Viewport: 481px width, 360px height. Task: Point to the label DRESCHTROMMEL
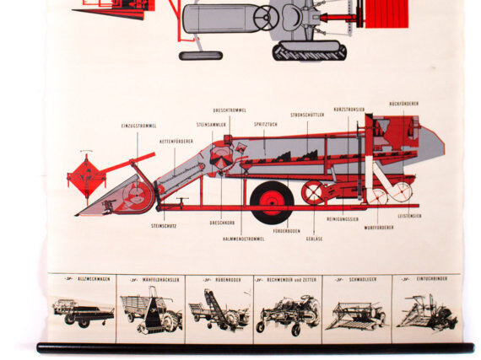click(x=229, y=110)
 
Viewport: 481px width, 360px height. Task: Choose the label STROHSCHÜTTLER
click(x=307, y=115)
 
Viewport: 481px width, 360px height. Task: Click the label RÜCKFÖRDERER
click(x=404, y=104)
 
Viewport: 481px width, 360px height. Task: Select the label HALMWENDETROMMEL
click(x=243, y=239)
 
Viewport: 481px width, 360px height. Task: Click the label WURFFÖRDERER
click(x=379, y=228)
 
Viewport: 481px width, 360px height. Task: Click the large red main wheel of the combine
click(x=272, y=201)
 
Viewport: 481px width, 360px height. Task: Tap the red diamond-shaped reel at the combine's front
click(x=85, y=176)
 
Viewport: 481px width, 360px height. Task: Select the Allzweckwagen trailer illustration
click(x=83, y=313)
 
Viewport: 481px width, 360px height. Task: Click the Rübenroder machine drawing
click(x=219, y=313)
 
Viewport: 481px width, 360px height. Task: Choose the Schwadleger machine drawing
click(x=355, y=313)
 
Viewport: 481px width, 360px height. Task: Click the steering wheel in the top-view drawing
click(x=266, y=17)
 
